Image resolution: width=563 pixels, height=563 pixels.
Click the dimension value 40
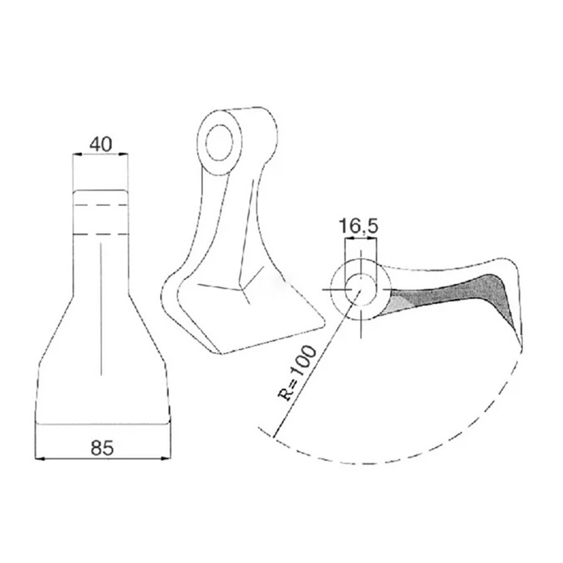pyautogui.click(x=100, y=145)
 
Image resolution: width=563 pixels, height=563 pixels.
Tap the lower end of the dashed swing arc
pyautogui.click(x=261, y=428)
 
